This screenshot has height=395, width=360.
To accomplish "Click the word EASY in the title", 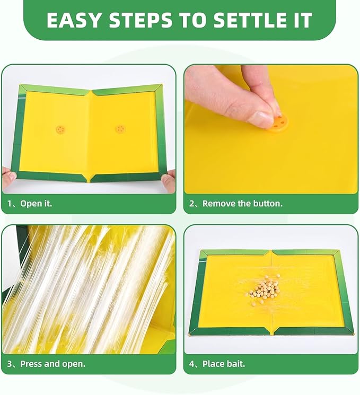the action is point(74,20).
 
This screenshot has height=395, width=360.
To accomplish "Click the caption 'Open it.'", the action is point(36,204).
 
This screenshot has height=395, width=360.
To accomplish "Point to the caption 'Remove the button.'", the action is point(242,204).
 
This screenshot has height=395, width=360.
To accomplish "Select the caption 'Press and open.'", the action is point(52,364).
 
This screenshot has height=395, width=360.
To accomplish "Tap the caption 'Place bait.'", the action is point(224,364).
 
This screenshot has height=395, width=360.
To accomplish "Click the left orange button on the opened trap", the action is point(60,130).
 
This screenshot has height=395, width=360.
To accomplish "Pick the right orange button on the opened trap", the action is point(120,129).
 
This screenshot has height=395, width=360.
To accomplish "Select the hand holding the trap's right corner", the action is point(169,180).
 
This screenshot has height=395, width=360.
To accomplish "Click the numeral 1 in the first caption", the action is point(10,204).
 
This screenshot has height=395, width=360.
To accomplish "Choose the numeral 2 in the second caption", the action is point(191,204).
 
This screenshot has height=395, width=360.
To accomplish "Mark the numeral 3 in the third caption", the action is point(10,364).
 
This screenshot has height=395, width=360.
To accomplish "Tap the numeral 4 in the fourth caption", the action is point(192,364).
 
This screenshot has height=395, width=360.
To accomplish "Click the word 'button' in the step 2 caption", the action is point(268,204).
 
